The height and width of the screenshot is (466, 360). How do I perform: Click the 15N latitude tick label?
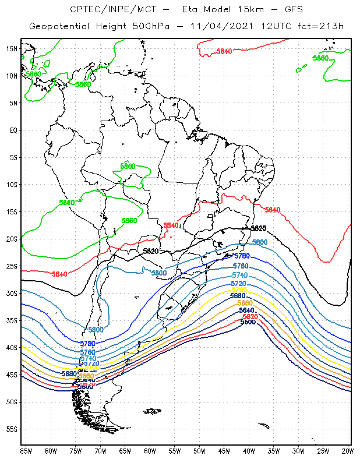pyautogui.click(x=12, y=48)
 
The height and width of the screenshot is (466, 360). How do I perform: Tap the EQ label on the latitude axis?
pyautogui.click(x=13, y=130)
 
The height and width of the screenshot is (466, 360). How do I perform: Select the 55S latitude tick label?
pyautogui.click(x=12, y=429)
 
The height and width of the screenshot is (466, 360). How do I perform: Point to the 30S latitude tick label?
pyautogui.click(x=12, y=293)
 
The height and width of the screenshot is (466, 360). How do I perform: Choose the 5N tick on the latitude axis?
pyautogui.click(x=13, y=103)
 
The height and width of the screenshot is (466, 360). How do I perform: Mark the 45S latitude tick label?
pyautogui.click(x=12, y=375)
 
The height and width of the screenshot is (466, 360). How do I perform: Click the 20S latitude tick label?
pyautogui.click(x=12, y=239)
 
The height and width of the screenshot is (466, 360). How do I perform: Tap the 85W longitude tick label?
pyautogui.click(x=26, y=450)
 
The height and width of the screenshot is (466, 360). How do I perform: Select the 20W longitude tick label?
pyautogui.click(x=348, y=450)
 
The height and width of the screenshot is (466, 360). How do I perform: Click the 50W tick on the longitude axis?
pyautogui.click(x=199, y=450)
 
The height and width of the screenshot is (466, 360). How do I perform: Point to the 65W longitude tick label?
pyautogui.click(x=125, y=450)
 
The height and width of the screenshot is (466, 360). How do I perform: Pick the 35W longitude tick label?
pyautogui.click(x=274, y=450)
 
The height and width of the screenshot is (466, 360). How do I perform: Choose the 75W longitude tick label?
pyautogui.click(x=76, y=450)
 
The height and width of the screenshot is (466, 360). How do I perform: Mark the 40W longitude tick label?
pyautogui.click(x=249, y=450)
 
